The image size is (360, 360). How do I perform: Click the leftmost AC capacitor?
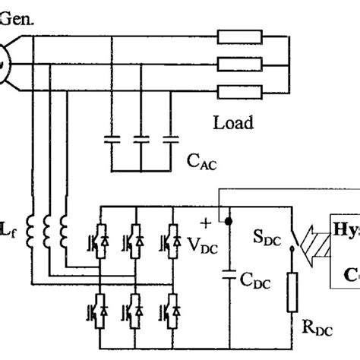pyautogui.click(x=112, y=141)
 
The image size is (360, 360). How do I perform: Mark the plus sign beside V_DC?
pyautogui.click(x=205, y=223)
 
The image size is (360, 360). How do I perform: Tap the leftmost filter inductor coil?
pyautogui.click(x=31, y=231)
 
